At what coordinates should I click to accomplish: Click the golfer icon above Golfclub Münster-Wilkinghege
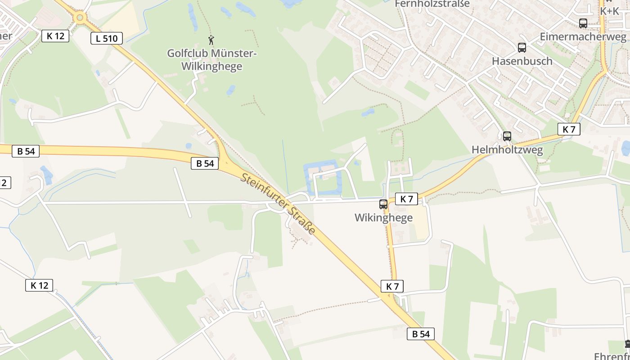(x=211, y=40)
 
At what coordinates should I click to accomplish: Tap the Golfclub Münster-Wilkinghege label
(x=211, y=60)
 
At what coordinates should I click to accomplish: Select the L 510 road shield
(x=107, y=38)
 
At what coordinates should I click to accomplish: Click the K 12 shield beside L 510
(x=55, y=36)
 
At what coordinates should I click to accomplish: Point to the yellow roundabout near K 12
(x=80, y=18)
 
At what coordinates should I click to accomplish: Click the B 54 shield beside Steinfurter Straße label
(x=205, y=163)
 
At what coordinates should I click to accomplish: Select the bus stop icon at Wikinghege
(x=383, y=204)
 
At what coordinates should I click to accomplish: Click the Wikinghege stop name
(x=383, y=218)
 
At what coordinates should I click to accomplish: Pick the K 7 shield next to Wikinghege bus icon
(x=406, y=198)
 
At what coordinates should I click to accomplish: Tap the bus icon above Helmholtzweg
(x=507, y=136)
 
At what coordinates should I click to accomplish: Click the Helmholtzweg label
(x=507, y=150)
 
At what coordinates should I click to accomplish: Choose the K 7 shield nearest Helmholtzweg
(x=569, y=129)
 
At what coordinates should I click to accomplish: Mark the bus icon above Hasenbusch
(x=522, y=47)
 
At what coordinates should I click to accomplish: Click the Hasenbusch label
(x=522, y=61)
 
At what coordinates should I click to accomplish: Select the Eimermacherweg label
(x=583, y=37)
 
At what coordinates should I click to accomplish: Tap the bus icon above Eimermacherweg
(x=583, y=23)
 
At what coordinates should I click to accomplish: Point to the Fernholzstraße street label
(x=432, y=4)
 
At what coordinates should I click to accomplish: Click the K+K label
(x=610, y=11)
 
